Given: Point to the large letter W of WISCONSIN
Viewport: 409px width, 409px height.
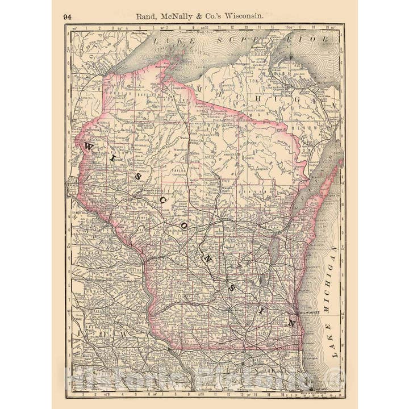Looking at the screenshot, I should click(90, 148).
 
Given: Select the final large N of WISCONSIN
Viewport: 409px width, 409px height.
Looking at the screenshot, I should click(291, 322).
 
